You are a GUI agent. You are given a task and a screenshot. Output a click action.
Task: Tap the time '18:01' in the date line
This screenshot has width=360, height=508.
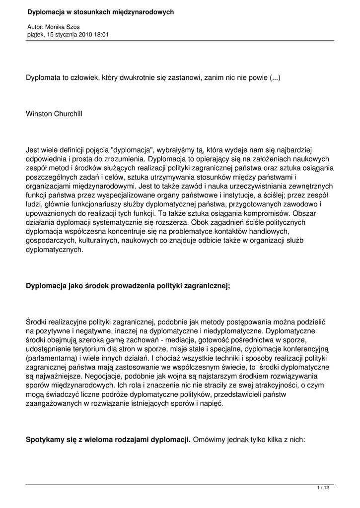(101, 35)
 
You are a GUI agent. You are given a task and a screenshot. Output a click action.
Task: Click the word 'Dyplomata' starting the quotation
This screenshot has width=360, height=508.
(45, 78)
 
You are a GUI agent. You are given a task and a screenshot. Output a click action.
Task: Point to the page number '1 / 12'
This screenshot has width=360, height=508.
(323, 489)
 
